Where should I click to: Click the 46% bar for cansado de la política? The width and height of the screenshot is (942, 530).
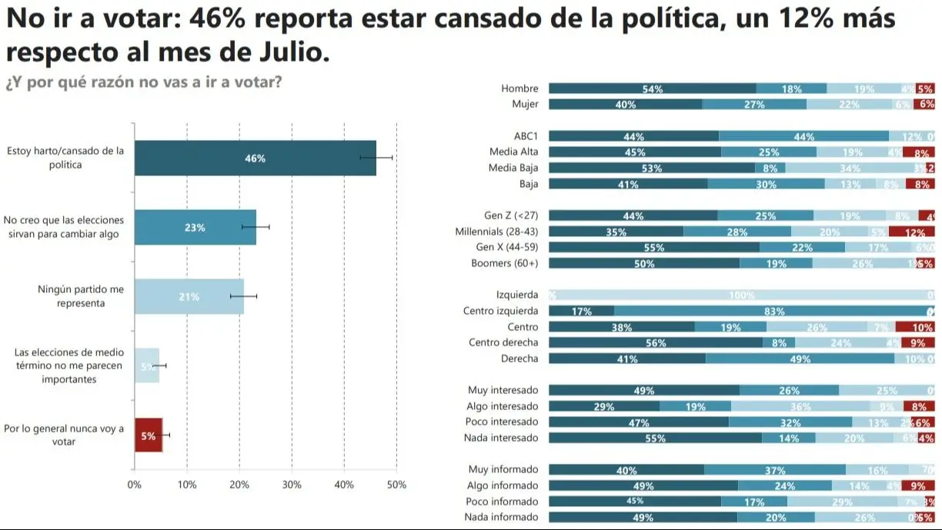(255, 158)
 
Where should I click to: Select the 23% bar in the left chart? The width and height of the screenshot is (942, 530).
(195, 228)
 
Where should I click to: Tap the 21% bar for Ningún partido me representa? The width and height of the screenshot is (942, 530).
(189, 297)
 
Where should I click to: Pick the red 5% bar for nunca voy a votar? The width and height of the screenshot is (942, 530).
(149, 435)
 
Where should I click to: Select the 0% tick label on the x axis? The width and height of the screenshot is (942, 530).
(135, 485)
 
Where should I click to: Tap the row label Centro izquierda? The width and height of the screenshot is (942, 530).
(500, 311)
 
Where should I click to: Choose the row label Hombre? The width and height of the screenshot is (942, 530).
(519, 88)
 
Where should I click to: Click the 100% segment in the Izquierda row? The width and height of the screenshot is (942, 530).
(742, 295)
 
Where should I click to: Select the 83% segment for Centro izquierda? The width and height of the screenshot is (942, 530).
(773, 311)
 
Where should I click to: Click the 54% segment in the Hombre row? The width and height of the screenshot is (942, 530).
(652, 88)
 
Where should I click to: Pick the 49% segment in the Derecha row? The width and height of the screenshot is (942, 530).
(800, 358)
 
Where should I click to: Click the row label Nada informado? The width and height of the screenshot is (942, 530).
(501, 517)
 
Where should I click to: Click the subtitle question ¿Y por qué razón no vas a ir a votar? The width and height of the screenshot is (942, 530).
(143, 83)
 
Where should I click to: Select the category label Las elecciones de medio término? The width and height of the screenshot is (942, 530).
(68, 365)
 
